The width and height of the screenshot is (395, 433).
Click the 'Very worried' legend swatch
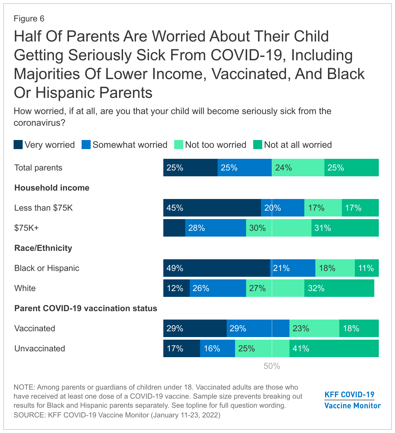tap(18, 145)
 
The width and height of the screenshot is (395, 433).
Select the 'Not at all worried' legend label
tap(298, 145)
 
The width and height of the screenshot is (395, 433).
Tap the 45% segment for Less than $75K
tap(212, 208)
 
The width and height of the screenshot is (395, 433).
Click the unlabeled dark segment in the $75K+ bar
tap(174, 228)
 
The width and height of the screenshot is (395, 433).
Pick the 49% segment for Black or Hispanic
tap(216, 268)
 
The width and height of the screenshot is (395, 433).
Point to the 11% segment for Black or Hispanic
tap(367, 268)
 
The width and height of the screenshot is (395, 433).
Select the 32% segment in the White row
tap(339, 288)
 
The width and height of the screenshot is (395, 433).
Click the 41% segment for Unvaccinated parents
tap(334, 348)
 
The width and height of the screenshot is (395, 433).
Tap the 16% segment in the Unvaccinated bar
tap(217, 348)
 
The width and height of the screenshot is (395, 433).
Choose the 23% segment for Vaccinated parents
tap(314, 328)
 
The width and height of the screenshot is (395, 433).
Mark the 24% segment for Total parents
tap(298, 168)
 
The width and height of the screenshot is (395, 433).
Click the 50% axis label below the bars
tap(272, 366)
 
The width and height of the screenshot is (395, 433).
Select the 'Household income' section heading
tap(52, 188)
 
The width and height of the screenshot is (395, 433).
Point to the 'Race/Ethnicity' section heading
tap(43, 248)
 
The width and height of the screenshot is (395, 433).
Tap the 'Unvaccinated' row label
tap(39, 348)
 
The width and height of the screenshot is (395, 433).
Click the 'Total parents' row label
tap(38, 168)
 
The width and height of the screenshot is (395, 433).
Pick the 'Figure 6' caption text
tap(29, 18)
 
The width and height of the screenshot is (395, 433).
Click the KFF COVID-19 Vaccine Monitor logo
tap(352, 400)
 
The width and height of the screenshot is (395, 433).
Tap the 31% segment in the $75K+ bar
tap(345, 228)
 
